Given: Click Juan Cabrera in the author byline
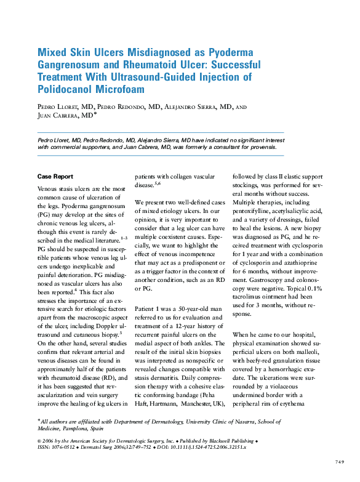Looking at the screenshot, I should click(x=62, y=115).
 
